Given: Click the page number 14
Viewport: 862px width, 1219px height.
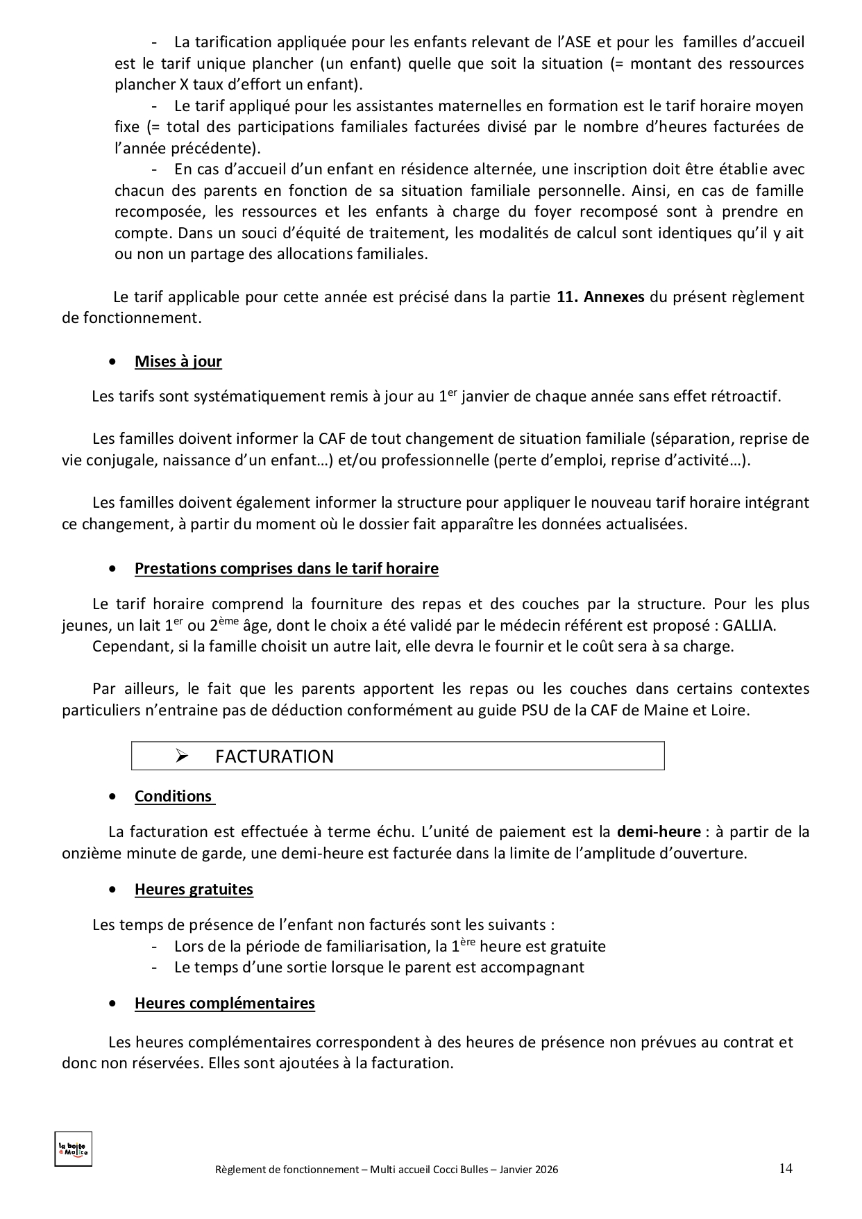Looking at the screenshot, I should (x=785, y=1168).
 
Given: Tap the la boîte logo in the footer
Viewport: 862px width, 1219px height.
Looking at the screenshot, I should (x=73, y=1150).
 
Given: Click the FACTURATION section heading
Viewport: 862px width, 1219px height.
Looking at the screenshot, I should (x=274, y=756).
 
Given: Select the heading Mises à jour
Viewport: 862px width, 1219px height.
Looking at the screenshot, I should (x=178, y=361).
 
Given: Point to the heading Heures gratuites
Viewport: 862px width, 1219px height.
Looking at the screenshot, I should (x=194, y=889).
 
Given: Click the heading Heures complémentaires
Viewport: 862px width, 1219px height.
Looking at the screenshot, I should (x=224, y=1003).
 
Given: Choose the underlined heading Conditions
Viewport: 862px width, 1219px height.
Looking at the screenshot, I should (x=174, y=796).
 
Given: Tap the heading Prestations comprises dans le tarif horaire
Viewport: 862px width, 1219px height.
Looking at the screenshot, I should (x=286, y=568).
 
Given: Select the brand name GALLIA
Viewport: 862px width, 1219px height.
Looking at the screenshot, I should (x=747, y=625).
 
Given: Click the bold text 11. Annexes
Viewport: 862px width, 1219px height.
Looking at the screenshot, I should (x=600, y=297).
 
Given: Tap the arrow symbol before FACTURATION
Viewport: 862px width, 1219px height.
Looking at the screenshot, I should (x=183, y=756).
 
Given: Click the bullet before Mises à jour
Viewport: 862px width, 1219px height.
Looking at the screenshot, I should (x=112, y=362).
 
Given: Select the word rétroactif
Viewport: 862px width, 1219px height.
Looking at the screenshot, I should (x=745, y=397).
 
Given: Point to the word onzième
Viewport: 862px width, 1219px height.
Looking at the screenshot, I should (x=91, y=853).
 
